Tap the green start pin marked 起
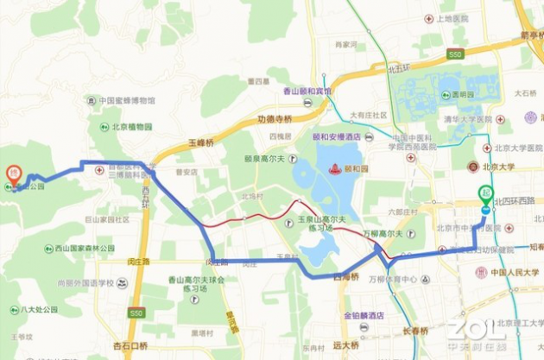point(487,194)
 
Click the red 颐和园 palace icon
point(333,169)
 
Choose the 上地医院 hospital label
point(452,18)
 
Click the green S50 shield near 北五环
point(456,54)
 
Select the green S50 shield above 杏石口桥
point(136,313)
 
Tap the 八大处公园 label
point(37,308)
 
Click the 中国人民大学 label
point(515,273)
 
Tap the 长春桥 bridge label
point(414,331)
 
